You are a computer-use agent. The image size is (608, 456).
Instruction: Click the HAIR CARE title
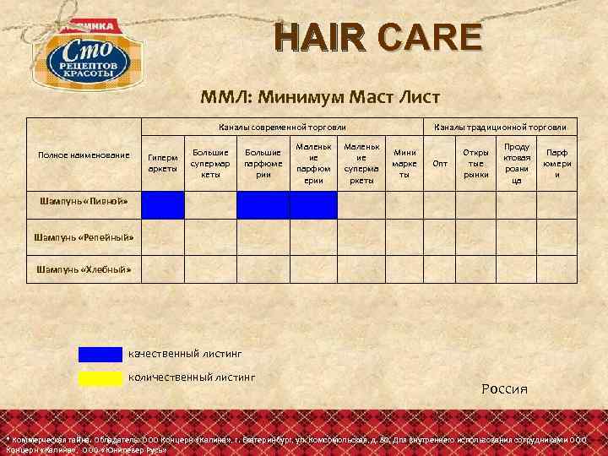coord(377,39)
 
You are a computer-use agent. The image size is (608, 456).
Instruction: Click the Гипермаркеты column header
coord(162,162)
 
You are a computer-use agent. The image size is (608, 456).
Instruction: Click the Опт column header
coord(440,163)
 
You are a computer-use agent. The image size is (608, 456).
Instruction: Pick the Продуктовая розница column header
coord(516,162)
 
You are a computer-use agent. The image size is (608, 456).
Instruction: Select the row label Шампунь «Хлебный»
coord(84,269)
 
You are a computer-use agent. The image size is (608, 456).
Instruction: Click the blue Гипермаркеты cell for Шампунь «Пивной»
coord(162,205)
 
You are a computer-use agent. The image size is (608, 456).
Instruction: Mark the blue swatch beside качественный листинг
coord(100,355)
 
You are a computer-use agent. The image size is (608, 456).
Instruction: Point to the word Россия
coord(504,389)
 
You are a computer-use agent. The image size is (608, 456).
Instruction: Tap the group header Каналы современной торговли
coord(276,127)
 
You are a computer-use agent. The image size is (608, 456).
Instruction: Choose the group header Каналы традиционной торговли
coord(500,127)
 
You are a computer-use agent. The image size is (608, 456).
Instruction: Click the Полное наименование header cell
coord(84,155)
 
